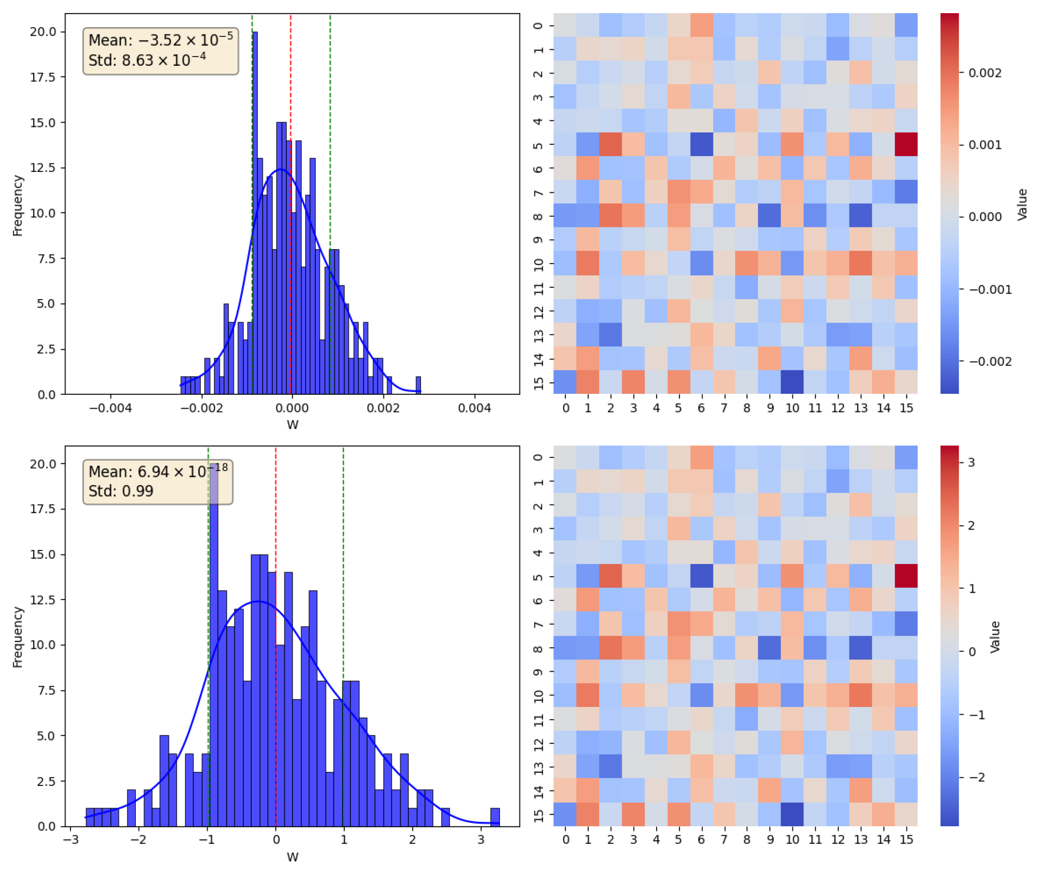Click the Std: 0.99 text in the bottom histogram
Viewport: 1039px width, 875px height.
121,491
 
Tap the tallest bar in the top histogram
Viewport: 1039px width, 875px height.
255,213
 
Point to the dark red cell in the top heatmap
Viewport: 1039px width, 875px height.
906,144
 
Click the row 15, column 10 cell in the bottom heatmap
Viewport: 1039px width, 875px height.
792,813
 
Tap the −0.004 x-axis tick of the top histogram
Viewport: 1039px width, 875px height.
110,408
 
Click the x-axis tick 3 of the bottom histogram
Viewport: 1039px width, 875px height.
481,839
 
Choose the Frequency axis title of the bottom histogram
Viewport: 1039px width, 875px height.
18,637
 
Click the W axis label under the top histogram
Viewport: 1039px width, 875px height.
292,425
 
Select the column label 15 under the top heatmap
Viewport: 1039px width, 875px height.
906,408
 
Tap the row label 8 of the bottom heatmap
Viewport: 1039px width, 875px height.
538,648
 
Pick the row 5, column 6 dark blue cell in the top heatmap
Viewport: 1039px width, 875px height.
701,144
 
